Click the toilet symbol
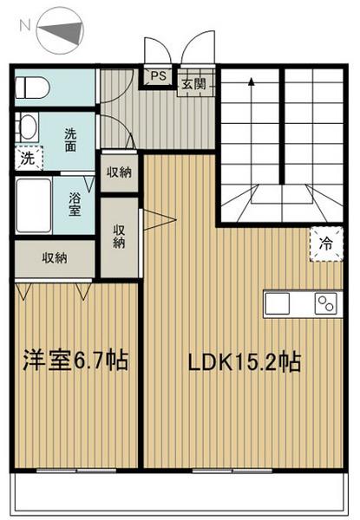point(32,88)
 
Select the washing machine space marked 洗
point(29,158)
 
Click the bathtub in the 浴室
point(34,205)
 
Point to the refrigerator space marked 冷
point(326,244)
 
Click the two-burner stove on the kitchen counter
point(325,303)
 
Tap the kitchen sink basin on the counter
point(278,303)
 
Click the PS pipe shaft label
point(158,76)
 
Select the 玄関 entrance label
point(193,84)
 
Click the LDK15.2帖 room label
point(245,362)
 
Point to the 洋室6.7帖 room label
point(75,361)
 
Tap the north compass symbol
point(60,32)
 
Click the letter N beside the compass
point(25,25)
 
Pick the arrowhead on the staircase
point(252,81)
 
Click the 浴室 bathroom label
point(75,205)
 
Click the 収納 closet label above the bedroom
point(55,257)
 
